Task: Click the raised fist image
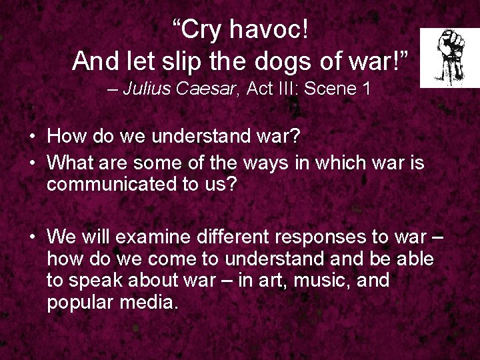point(449,57)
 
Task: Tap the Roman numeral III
point(290,89)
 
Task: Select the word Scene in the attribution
point(335,89)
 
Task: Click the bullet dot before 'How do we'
point(32,137)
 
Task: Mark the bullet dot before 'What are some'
point(32,163)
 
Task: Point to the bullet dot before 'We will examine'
point(32,237)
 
